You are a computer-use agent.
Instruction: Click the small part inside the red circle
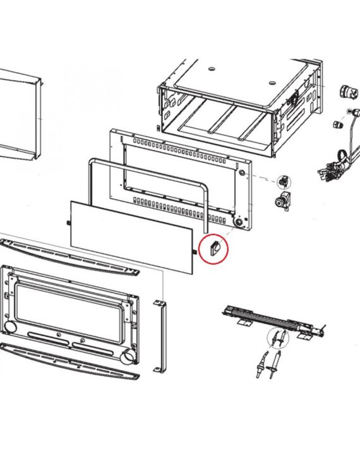click(213, 248)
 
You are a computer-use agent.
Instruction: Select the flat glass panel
click(129, 235)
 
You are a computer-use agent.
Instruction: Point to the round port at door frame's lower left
click(11, 326)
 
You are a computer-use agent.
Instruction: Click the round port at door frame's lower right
click(129, 359)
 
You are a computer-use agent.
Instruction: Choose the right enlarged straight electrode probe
click(275, 366)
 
